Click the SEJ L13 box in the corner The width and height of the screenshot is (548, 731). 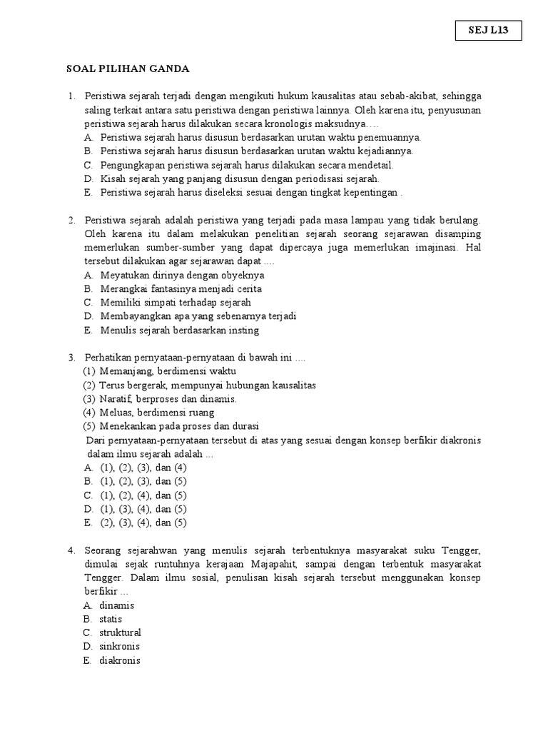point(489,31)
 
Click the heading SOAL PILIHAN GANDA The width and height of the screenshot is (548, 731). point(128,69)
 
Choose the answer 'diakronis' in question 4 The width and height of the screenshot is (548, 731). point(120,660)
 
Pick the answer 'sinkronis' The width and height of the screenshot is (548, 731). point(120,647)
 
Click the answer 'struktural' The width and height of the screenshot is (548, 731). point(121,632)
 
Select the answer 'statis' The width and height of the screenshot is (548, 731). point(111,619)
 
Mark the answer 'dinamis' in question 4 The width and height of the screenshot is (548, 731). point(117,605)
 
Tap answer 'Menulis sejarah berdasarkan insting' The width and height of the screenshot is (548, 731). point(180,331)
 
